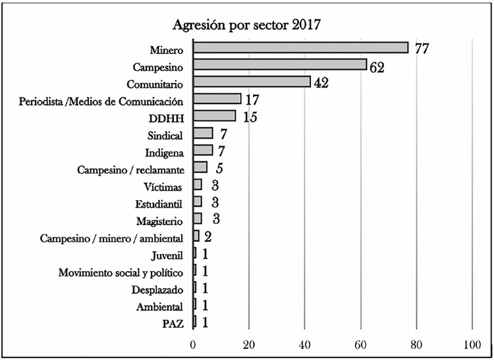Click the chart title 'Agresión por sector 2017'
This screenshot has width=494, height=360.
(246, 26)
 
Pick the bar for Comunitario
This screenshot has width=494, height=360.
(252, 82)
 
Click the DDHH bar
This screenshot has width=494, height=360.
(214, 116)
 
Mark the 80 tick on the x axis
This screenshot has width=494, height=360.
(416, 344)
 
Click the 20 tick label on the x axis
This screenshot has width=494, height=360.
(249, 344)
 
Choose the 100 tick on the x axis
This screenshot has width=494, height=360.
(472, 344)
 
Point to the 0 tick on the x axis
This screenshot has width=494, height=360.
(193, 344)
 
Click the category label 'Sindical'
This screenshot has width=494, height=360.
(167, 136)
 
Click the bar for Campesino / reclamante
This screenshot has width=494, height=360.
(200, 167)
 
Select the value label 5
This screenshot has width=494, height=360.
(219, 168)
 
